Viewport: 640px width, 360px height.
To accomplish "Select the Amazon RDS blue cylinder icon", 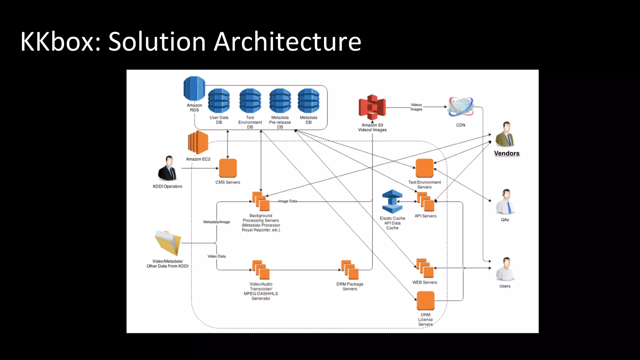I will [x=194, y=88].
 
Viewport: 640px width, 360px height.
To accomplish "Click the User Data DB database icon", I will [x=219, y=101].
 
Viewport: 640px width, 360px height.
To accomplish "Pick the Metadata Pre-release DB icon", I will [x=280, y=101].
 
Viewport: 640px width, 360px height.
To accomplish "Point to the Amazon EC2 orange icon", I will [x=198, y=142].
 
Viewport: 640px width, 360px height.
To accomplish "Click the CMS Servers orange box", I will [x=228, y=168].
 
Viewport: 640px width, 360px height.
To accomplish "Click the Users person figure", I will [x=505, y=269].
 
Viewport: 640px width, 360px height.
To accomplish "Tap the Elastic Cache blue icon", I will [x=392, y=202].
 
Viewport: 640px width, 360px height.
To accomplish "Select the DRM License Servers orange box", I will [x=425, y=301].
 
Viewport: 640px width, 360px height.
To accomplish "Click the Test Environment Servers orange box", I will [x=424, y=168].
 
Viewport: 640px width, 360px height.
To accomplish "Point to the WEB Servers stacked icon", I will [x=425, y=268].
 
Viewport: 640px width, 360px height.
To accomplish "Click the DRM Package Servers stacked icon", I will [x=350, y=270].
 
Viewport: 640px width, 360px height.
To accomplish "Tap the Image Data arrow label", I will [x=287, y=201].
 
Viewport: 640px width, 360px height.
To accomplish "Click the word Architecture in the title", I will [x=287, y=42].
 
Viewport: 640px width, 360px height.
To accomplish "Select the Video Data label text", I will [x=217, y=256].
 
